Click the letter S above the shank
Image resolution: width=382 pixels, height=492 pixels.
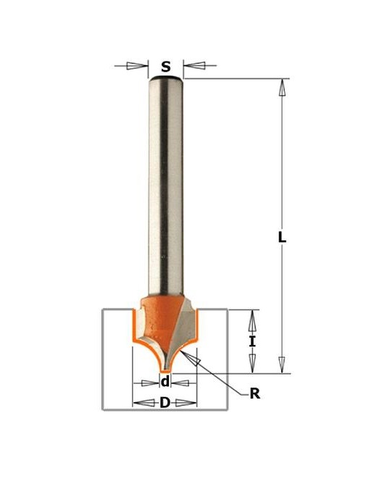(166, 67)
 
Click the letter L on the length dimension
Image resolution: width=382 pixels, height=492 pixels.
(282, 237)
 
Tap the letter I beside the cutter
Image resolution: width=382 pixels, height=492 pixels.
(252, 341)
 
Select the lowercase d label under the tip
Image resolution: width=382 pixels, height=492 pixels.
(165, 382)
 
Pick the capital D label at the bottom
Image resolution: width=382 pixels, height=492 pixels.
(165, 403)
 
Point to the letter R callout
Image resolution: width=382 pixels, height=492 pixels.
(255, 393)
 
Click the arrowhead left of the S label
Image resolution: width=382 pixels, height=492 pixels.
(137, 66)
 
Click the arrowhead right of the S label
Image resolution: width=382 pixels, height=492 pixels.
(194, 66)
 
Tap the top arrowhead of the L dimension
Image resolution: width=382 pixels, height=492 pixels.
(282, 87)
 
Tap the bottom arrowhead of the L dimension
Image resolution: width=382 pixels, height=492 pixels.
(282, 364)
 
